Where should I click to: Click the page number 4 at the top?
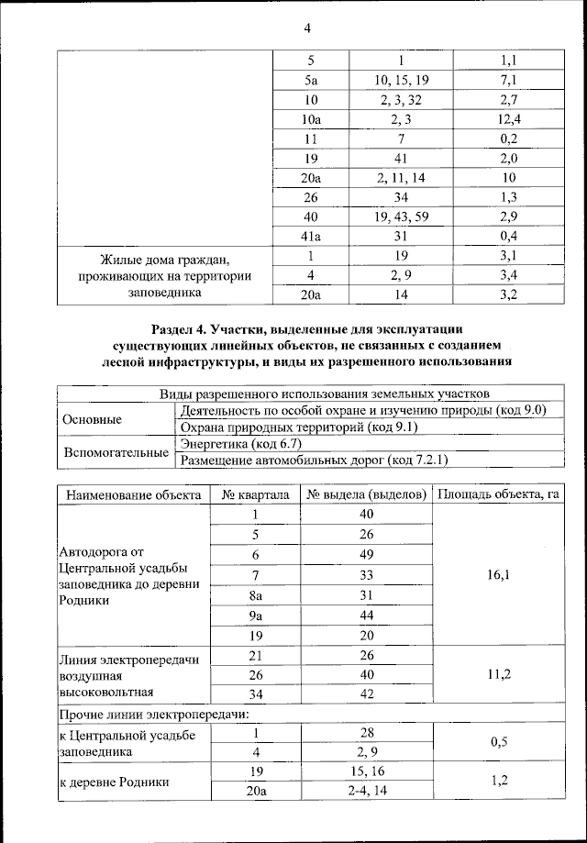307,28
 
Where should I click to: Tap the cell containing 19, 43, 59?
402,216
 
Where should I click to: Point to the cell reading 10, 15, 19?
402,80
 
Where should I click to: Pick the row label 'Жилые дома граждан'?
164,256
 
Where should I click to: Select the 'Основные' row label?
92,419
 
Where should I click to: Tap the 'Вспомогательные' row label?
116,452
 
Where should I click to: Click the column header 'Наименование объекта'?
134,495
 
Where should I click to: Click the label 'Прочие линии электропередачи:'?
154,714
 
